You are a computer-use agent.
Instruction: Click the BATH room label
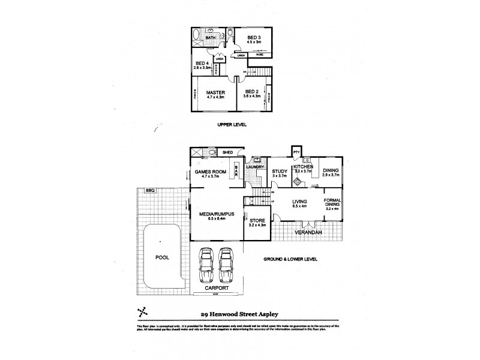coord(211,38)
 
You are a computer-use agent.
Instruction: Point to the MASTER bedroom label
coord(215,92)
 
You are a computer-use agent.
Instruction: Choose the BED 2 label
coord(251,92)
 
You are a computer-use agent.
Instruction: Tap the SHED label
coord(227,153)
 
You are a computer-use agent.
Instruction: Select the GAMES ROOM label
coord(210,171)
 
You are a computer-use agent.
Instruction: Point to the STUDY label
coord(280,171)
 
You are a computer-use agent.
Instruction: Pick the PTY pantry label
coord(296,153)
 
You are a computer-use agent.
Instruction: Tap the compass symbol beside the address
coord(143,311)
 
